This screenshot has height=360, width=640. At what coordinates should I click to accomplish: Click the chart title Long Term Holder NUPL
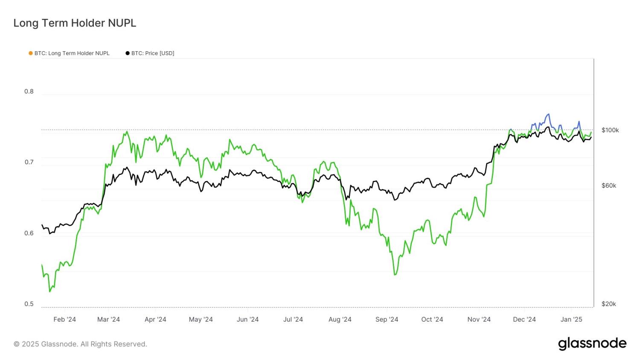point(75,23)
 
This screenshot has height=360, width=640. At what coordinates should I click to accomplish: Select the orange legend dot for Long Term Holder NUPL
point(31,53)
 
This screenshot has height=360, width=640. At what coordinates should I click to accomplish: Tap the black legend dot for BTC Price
point(128,53)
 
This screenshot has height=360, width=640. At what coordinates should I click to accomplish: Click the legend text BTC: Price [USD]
point(153,53)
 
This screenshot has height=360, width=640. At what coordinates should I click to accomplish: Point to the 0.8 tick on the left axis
point(29,91)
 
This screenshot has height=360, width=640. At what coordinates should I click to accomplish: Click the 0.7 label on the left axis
point(29,162)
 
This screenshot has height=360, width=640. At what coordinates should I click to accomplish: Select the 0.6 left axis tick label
point(29,233)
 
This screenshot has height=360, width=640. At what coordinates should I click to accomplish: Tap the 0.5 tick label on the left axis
point(29,304)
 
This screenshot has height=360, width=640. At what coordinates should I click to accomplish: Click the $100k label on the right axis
point(610,130)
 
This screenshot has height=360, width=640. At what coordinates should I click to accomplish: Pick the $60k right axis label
point(608,186)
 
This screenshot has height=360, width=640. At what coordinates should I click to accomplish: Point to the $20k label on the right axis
point(608,304)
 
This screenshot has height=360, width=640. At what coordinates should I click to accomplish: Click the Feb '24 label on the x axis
point(65,319)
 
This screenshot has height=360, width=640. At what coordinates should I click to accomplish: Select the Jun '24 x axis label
point(247,319)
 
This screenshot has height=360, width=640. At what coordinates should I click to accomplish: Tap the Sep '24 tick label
point(387,319)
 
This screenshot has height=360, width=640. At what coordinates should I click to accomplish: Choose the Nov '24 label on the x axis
point(479,319)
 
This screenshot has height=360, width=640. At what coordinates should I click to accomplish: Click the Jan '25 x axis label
point(571,319)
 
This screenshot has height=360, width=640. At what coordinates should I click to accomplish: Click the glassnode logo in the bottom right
point(592,344)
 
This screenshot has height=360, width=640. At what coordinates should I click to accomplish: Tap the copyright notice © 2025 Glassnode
point(80,344)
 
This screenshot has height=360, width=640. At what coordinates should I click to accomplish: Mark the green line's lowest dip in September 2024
point(395,275)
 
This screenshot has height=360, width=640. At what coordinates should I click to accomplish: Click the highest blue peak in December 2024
point(548,114)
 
